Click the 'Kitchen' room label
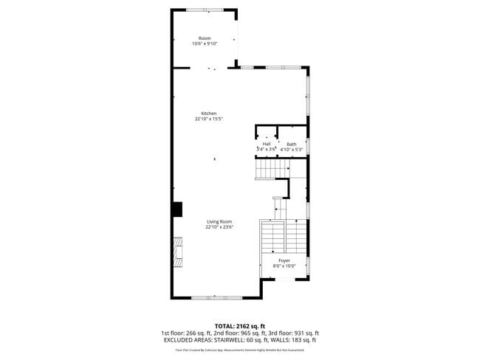tap(209, 113)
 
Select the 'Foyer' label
tap(284, 260)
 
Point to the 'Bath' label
tap(292, 144)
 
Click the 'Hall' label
tap(266, 144)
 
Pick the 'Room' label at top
tap(204, 38)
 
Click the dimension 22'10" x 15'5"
tap(209, 119)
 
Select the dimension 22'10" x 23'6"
tap(219, 227)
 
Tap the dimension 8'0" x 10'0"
tap(284, 266)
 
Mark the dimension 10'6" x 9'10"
tap(204, 44)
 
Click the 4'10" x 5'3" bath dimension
tap(292, 150)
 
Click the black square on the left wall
tap(177, 210)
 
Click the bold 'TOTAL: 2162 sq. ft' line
tap(239, 325)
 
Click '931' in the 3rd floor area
tap(299, 333)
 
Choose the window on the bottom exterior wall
tap(216, 297)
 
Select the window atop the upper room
tap(205, 10)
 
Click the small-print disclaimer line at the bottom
tap(239, 351)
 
